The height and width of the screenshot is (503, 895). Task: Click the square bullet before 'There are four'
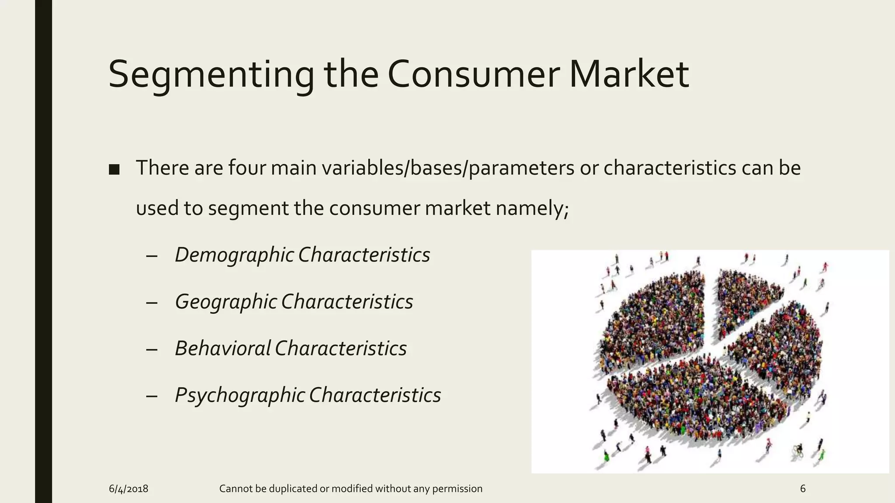[114, 169]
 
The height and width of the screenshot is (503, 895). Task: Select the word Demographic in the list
[234, 255]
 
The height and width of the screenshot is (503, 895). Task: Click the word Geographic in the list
[225, 302]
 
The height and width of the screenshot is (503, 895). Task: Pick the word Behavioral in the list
[222, 348]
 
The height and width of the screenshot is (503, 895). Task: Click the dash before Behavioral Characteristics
[152, 349]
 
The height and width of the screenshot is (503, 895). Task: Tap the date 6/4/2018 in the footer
[128, 489]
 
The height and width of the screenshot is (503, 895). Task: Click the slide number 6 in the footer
[802, 489]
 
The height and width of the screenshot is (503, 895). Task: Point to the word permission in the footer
[457, 489]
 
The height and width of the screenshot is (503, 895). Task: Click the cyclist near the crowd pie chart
[798, 450]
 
